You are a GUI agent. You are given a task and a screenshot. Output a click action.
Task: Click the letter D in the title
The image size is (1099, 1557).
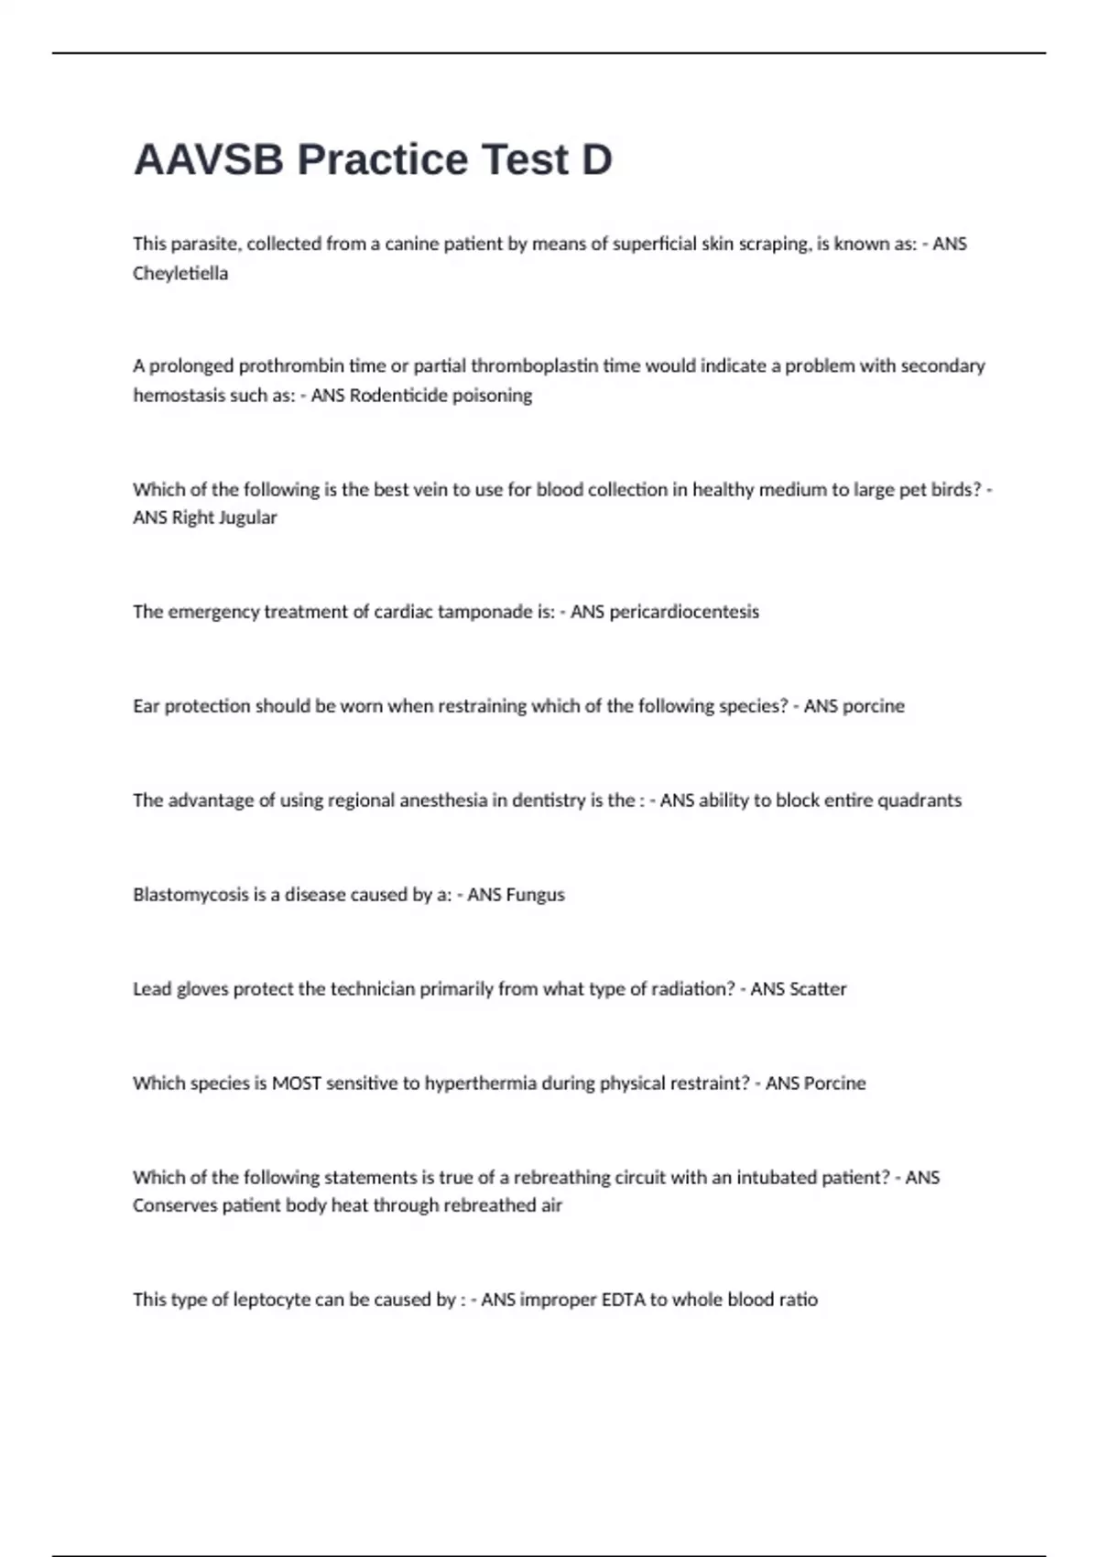coord(596,160)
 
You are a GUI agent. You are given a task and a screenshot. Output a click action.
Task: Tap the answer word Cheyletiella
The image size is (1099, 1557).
coord(180,273)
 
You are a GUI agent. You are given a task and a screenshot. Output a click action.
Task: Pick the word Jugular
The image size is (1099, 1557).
coord(247,517)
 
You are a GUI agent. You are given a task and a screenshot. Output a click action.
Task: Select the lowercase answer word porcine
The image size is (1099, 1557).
coord(873,705)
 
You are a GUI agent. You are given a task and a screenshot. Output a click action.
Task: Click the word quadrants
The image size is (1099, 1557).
coord(919,800)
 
